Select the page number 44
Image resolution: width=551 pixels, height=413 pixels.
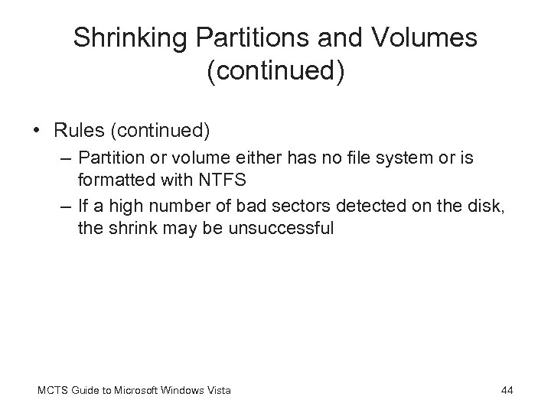(x=507, y=391)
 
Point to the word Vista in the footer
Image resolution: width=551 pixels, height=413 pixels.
(x=218, y=391)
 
